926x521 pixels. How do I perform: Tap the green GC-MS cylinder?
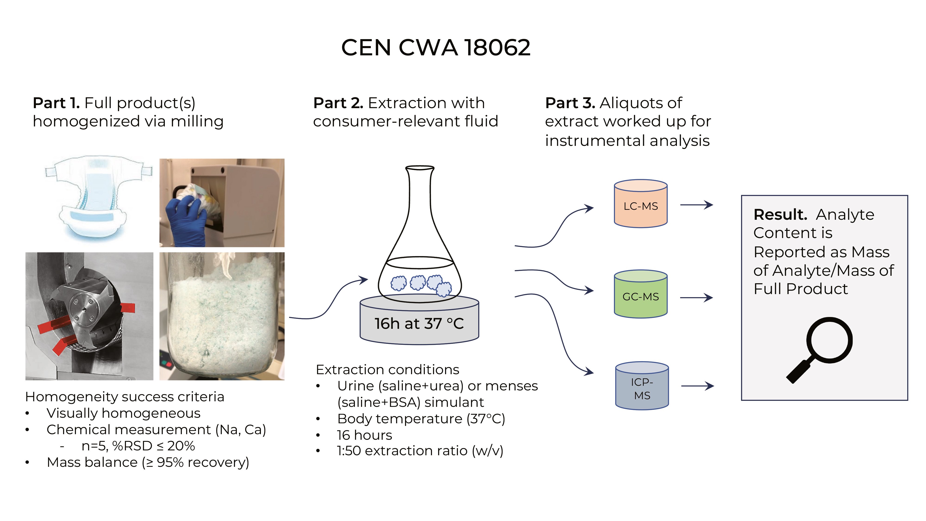click(x=640, y=295)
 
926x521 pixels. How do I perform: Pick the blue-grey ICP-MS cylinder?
click(x=642, y=386)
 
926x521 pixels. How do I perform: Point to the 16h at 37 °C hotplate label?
click(x=419, y=324)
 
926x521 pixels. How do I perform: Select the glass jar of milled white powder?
click(x=222, y=316)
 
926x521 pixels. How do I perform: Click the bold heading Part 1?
click(x=56, y=103)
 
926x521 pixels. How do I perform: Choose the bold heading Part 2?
click(x=338, y=103)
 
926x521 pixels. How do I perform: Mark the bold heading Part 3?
click(x=570, y=103)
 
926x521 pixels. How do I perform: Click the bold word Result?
click(x=780, y=215)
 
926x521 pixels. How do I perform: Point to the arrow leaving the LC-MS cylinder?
click(x=696, y=205)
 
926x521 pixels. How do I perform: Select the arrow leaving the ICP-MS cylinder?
click(x=697, y=386)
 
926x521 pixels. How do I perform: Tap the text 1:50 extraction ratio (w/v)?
click(x=420, y=451)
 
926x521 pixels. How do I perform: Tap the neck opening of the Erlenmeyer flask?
click(x=420, y=168)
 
